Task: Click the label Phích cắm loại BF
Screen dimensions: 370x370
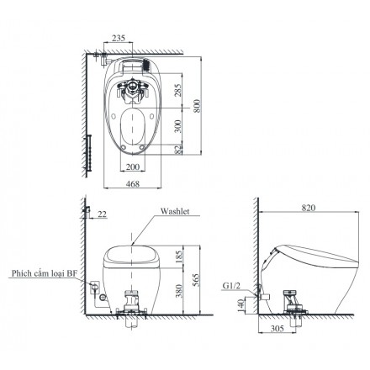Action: click(45, 273)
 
